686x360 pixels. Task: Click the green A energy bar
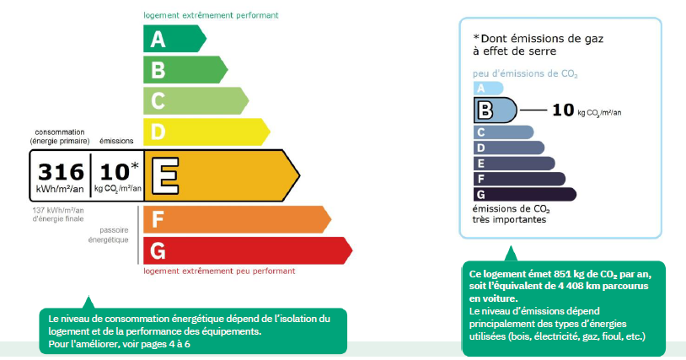pyautogui.click(x=174, y=39)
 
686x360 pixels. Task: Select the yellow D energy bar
pyautogui.click(x=206, y=132)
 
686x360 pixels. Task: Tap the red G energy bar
pyautogui.click(x=248, y=250)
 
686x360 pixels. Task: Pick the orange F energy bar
pyautogui.click(x=237, y=219)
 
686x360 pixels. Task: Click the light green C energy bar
pyautogui.click(x=196, y=100)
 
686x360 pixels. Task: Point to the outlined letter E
pyautogui.click(x=165, y=176)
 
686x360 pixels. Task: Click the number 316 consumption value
pyautogui.click(x=61, y=172)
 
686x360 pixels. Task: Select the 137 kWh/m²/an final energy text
pyautogui.click(x=58, y=214)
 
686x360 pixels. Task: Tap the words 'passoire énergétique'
pyautogui.click(x=109, y=235)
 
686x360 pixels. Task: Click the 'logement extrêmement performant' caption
pyautogui.click(x=211, y=15)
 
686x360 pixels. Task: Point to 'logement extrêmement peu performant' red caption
pyautogui.click(x=219, y=271)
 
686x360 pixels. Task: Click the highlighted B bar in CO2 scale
pyautogui.click(x=495, y=110)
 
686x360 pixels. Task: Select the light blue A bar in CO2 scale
pyautogui.click(x=488, y=89)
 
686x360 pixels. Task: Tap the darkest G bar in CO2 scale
pyautogui.click(x=524, y=194)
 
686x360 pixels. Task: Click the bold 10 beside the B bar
pyautogui.click(x=563, y=110)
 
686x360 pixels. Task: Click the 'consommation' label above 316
pyautogui.click(x=60, y=132)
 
